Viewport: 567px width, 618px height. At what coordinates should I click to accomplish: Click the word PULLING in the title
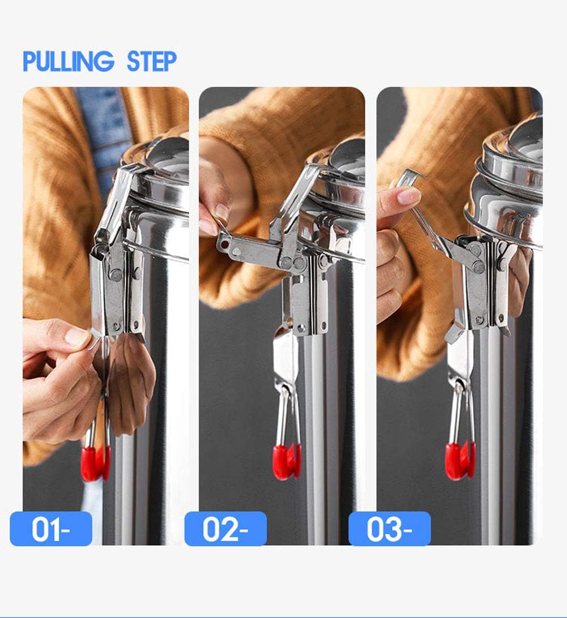pyautogui.click(x=68, y=61)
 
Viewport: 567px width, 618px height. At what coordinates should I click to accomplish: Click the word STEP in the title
pyautogui.click(x=151, y=61)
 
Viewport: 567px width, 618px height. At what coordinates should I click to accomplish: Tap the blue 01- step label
pyautogui.click(x=51, y=529)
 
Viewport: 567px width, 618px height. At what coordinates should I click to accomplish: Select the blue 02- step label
pyautogui.click(x=225, y=529)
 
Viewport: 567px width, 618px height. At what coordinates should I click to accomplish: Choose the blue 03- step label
pyautogui.click(x=390, y=529)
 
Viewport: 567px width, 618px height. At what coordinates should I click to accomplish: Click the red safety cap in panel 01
pyautogui.click(x=95, y=463)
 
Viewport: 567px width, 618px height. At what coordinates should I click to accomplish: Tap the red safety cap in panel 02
pyautogui.click(x=287, y=461)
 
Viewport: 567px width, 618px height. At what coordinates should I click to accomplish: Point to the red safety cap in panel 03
pyautogui.click(x=460, y=461)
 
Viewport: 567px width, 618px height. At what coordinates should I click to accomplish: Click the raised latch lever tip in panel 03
pyautogui.click(x=410, y=177)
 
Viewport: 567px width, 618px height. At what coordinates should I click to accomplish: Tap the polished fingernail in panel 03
pyautogui.click(x=408, y=197)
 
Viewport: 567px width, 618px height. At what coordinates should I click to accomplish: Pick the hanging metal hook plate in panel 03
pyautogui.click(x=459, y=362)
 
